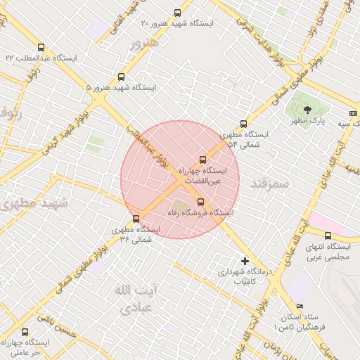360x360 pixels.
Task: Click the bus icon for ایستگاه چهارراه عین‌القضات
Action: tap(203, 160)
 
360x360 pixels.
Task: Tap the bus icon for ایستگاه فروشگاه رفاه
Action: tap(200, 202)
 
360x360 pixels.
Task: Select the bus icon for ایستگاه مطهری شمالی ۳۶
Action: tap(136, 219)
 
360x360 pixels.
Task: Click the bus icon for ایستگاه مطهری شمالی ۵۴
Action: tap(244, 124)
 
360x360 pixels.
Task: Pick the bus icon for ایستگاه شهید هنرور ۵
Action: tap(122, 77)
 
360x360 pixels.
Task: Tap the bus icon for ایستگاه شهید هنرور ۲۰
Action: tap(177, 12)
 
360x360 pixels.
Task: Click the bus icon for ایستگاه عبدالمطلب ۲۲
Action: tap(41, 48)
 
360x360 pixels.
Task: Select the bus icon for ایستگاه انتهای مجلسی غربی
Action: tap(328, 236)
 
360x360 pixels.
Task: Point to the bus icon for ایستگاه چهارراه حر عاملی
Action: tap(25, 332)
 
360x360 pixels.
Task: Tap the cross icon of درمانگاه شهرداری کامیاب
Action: tap(245, 261)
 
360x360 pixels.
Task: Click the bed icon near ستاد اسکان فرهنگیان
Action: tap(300, 307)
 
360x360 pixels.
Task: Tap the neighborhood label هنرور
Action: tap(145, 43)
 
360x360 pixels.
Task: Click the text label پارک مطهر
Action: tap(309, 122)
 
